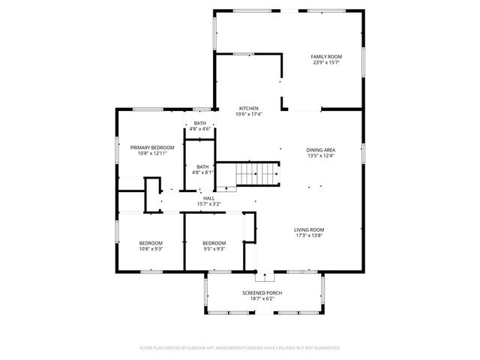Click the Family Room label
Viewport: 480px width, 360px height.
[327, 57]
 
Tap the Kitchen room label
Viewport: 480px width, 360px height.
[249, 108]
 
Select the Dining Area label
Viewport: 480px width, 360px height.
[320, 149]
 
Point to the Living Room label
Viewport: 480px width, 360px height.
[308, 229]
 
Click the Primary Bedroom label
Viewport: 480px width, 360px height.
[152, 147]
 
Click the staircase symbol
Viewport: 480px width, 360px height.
[257, 175]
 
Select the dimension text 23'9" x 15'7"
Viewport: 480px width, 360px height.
[327, 63]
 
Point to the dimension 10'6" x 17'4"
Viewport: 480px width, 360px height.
[249, 114]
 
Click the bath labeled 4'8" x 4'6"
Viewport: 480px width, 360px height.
[200, 125]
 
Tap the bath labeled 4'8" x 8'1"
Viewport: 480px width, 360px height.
[202, 169]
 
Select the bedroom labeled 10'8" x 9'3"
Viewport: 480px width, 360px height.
[151, 245]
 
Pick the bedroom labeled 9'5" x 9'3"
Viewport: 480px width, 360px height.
[214, 245]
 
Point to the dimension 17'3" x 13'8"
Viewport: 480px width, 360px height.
[308, 235]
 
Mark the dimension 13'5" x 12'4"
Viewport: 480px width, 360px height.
[320, 156]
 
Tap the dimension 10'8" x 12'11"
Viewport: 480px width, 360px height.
[152, 154]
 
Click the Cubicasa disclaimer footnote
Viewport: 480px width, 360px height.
[240, 348]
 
